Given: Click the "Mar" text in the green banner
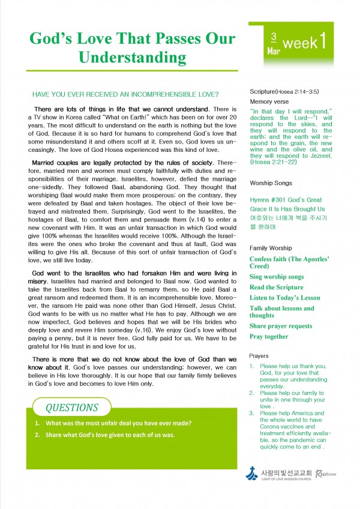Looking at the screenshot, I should click(273, 52).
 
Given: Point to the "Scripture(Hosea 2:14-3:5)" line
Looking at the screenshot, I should click(284, 91).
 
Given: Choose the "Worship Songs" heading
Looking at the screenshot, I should click(271, 181).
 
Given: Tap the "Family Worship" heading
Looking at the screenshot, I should click(271, 247).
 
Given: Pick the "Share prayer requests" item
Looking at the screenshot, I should click(281, 326).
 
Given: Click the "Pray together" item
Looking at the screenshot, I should click(269, 337).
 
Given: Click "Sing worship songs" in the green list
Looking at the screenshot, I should click(277, 277).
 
